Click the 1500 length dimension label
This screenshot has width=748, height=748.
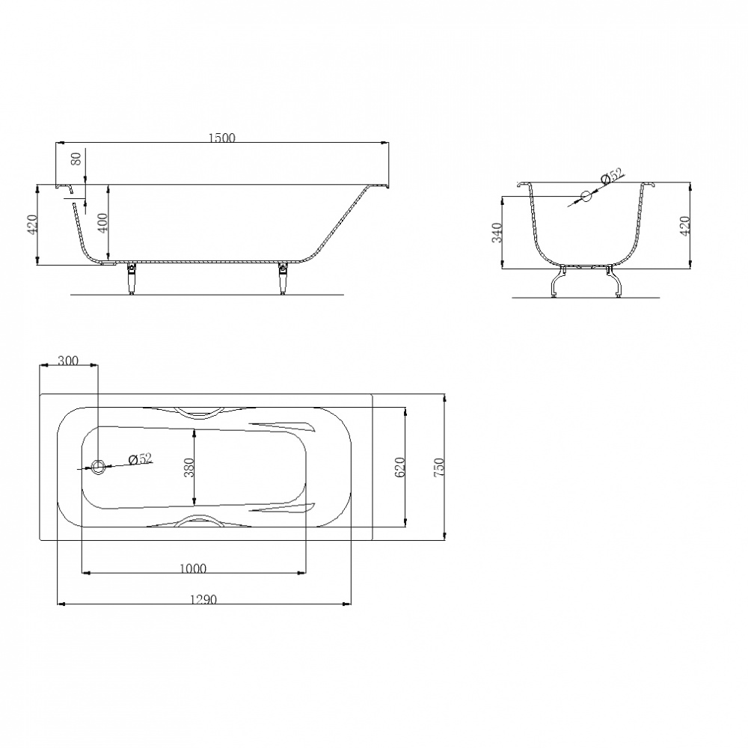click(222, 138)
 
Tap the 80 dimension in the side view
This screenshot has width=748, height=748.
click(76, 159)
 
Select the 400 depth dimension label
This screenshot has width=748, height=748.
click(102, 222)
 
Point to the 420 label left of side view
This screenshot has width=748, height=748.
click(31, 224)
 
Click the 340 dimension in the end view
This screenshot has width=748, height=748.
click(497, 233)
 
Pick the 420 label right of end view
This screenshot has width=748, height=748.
click(684, 226)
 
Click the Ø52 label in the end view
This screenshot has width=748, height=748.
click(612, 176)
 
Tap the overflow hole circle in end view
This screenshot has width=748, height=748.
click(586, 195)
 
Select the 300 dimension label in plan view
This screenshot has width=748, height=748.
click(68, 361)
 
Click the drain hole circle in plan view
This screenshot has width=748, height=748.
click(98, 467)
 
